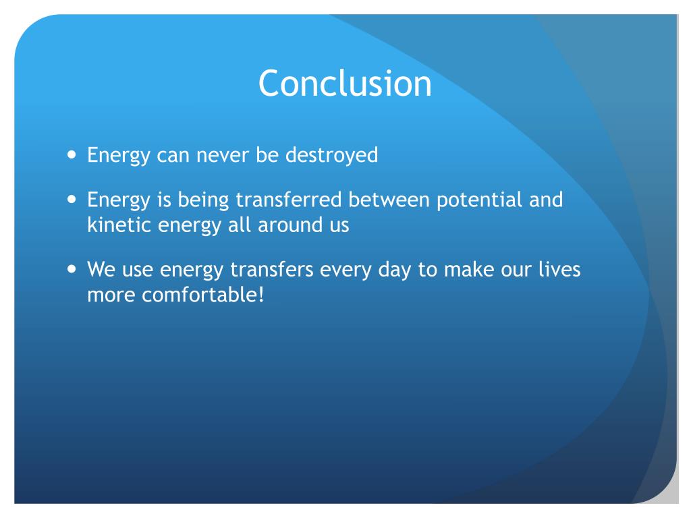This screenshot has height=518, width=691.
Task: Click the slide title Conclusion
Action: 345,84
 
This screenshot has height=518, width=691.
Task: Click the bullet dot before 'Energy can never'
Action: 73,155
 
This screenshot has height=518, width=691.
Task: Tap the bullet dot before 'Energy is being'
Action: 73,200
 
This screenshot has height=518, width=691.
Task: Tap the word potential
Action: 475,200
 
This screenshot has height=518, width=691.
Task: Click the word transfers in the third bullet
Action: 273,270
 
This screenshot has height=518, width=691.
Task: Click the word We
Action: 101,270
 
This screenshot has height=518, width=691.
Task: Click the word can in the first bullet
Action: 172,155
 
